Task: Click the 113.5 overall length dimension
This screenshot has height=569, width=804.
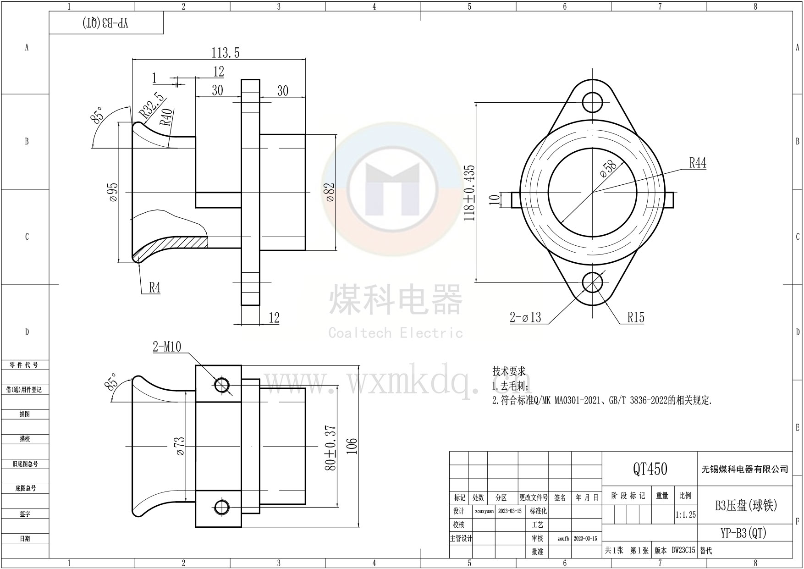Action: (x=225, y=53)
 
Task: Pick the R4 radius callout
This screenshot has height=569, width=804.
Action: (x=154, y=288)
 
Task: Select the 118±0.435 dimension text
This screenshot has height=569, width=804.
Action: (x=470, y=193)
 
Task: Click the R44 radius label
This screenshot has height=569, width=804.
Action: (x=698, y=163)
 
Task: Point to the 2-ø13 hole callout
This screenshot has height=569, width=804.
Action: (x=525, y=317)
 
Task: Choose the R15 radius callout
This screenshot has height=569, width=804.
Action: (x=636, y=317)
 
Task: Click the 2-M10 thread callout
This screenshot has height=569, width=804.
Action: (x=167, y=347)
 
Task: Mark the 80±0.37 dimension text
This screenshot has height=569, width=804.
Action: (x=330, y=447)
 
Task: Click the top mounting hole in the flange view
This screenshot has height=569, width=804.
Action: (x=593, y=102)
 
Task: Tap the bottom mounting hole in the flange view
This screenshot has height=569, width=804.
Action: (x=593, y=282)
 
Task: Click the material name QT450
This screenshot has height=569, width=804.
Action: (x=650, y=469)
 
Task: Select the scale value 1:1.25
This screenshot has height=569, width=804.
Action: (x=685, y=515)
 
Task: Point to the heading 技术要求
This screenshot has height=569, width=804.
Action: (x=509, y=371)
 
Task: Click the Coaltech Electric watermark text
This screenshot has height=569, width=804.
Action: (x=396, y=333)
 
